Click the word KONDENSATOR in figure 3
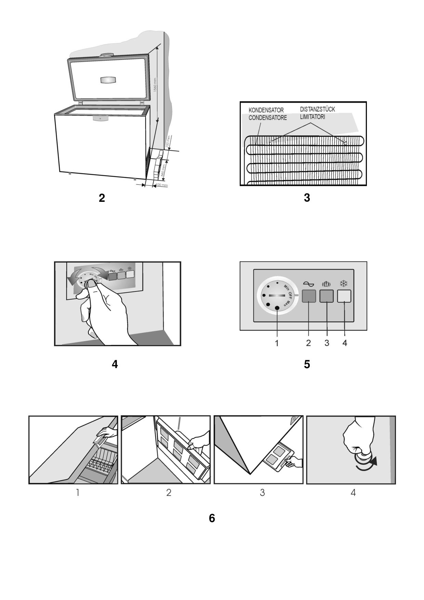pos(266,110)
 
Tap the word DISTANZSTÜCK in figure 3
pos(317,109)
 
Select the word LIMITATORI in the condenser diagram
pos(312,117)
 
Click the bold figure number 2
pos(102,198)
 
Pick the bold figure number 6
pos(212,519)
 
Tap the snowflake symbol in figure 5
pos(344,283)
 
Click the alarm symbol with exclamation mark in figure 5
pos(326,284)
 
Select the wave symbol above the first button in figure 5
pos(308,284)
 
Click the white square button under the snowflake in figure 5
pos(344,296)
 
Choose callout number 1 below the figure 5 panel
pos(277,343)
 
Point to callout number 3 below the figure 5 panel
pos(327,343)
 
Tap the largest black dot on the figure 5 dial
pos(277,308)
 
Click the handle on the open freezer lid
pos(108,80)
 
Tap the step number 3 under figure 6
pos(262,493)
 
